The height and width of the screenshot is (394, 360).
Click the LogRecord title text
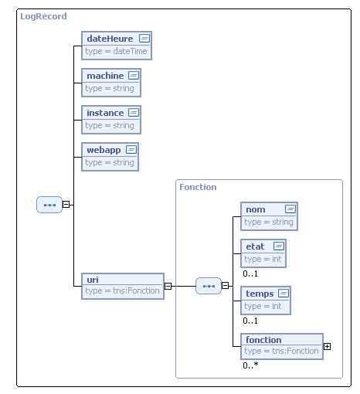pyautogui.click(x=43, y=16)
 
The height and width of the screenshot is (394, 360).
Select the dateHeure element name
pyautogui.click(x=110, y=38)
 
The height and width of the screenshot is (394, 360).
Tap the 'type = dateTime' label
pyautogui.click(x=115, y=51)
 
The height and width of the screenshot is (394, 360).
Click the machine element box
pyautogui.click(x=111, y=81)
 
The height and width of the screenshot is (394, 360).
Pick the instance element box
pyautogui.click(x=111, y=118)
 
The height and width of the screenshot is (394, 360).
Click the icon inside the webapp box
pyautogui.click(x=131, y=149)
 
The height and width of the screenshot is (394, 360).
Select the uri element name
pyautogui.click(x=92, y=279)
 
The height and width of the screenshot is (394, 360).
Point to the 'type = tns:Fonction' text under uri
pyautogui.click(x=122, y=290)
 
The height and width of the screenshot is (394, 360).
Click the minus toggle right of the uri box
pyautogui.click(x=168, y=285)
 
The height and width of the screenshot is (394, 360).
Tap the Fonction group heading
pyautogui.click(x=198, y=187)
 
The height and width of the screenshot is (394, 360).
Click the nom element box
pyautogui.click(x=269, y=216)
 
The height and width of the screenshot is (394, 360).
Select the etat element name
pyautogui.click(x=254, y=246)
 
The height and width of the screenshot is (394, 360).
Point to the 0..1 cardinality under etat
pyautogui.click(x=250, y=273)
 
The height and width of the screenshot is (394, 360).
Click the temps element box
pyautogui.click(x=266, y=299)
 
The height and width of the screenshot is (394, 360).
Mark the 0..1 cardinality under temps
pyautogui.click(x=250, y=320)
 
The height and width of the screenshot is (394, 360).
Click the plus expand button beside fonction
pyautogui.click(x=327, y=345)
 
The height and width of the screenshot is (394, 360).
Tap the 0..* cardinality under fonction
pyautogui.click(x=250, y=365)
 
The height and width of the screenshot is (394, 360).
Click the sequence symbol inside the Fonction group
pyautogui.click(x=208, y=286)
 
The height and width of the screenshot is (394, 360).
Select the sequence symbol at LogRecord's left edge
pyautogui.click(x=49, y=205)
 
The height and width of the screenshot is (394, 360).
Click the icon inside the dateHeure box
pyautogui.click(x=144, y=38)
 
